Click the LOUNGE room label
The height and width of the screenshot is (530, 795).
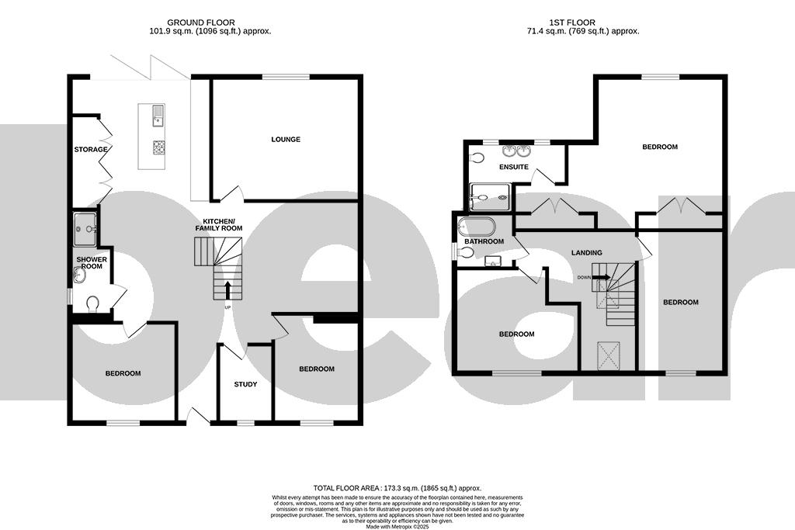click(x=286, y=140)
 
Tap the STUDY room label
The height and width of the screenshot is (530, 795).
click(x=245, y=384)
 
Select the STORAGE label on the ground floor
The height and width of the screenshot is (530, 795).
click(x=90, y=149)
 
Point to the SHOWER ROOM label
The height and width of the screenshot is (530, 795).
click(x=92, y=262)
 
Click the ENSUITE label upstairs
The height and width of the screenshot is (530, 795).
click(x=514, y=167)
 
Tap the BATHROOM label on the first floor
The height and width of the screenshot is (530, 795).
click(x=484, y=241)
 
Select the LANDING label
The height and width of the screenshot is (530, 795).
click(x=586, y=253)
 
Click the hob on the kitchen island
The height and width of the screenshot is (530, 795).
click(x=159, y=147)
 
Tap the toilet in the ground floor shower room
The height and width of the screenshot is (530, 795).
click(x=92, y=303)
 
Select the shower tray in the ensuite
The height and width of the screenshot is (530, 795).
click(x=491, y=197)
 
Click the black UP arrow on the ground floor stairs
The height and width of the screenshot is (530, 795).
click(x=227, y=290)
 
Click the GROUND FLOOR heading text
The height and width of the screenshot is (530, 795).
click(x=202, y=23)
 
